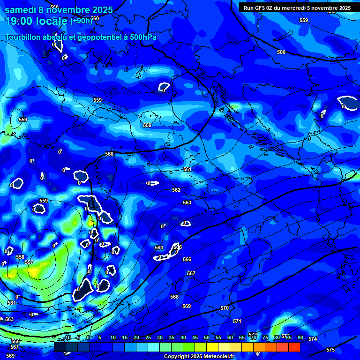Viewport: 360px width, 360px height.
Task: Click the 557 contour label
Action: click(x=29, y=262)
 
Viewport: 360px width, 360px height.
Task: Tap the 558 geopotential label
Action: click(x=20, y=257)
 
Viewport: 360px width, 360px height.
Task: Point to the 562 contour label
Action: click(x=176, y=190)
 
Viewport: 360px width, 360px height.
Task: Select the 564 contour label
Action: click(x=159, y=247)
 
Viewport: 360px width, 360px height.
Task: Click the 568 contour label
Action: click(x=174, y=297)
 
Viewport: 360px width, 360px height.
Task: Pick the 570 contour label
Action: click(x=225, y=308)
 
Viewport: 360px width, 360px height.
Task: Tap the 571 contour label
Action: click(x=237, y=321)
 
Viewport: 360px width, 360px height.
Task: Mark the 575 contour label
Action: click(x=330, y=350)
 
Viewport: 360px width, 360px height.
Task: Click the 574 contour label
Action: click(x=313, y=339)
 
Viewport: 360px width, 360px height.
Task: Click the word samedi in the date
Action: click(x=21, y=10)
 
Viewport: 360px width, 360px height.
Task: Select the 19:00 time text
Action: click(x=21, y=21)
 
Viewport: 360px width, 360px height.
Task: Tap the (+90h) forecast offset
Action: click(x=81, y=21)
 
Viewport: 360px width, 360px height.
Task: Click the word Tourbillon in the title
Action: click(x=23, y=37)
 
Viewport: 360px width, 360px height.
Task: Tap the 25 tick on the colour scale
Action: click(x=148, y=337)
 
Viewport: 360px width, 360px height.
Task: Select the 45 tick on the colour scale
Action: click(x=195, y=337)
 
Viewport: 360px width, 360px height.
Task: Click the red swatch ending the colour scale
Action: click(x=294, y=347)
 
